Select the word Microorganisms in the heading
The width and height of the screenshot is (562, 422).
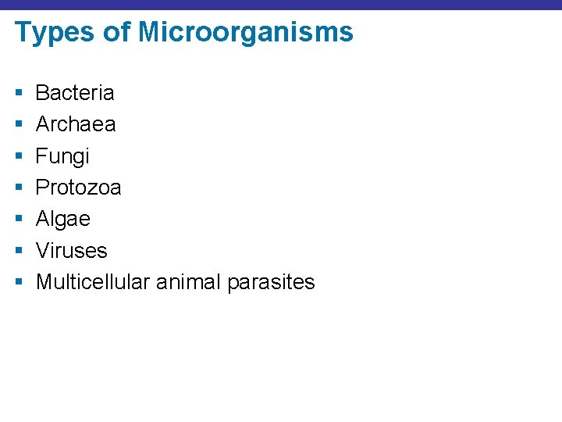(246, 33)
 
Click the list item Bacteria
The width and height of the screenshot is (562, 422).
(75, 93)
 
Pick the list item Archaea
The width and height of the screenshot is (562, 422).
(76, 124)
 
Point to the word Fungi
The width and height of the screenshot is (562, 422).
(62, 156)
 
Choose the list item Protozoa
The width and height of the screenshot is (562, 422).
(78, 188)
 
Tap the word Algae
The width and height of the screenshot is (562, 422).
(63, 219)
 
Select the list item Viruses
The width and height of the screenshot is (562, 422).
(71, 251)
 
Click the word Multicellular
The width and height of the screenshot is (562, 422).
(93, 282)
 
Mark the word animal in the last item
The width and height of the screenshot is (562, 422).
(188, 282)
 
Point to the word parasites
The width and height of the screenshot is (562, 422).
(271, 282)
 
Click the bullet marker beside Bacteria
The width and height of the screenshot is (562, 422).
(18, 94)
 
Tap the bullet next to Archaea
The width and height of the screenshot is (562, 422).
(18, 125)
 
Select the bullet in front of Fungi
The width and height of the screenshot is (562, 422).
(18, 156)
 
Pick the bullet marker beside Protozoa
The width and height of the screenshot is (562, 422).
(18, 188)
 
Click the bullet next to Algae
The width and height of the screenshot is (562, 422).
(18, 220)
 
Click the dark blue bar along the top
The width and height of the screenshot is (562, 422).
(281, 5)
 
